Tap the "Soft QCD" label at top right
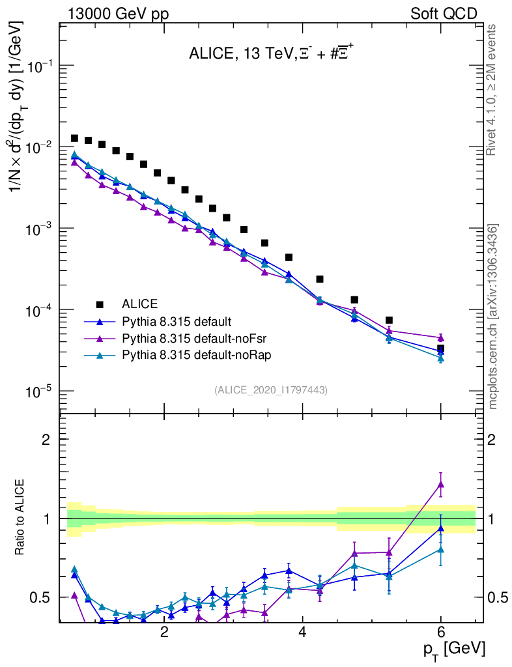(444, 14)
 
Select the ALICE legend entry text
(139, 304)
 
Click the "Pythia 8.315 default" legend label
(177, 321)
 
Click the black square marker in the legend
(100, 304)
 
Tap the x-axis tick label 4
(302, 632)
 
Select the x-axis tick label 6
(441, 632)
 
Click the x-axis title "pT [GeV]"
(453, 649)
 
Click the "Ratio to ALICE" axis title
(21, 518)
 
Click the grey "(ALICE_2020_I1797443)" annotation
(270, 390)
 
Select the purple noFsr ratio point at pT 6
(441, 483)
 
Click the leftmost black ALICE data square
(74, 138)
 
